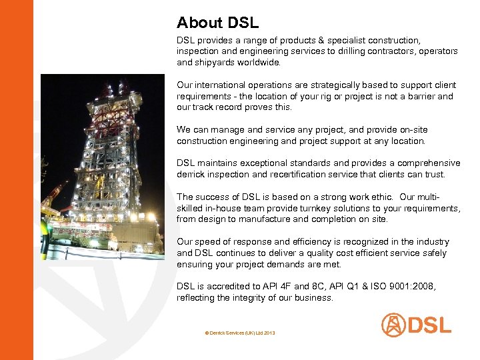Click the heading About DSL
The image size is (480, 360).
[217, 23]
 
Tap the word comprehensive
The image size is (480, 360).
[426, 163]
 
